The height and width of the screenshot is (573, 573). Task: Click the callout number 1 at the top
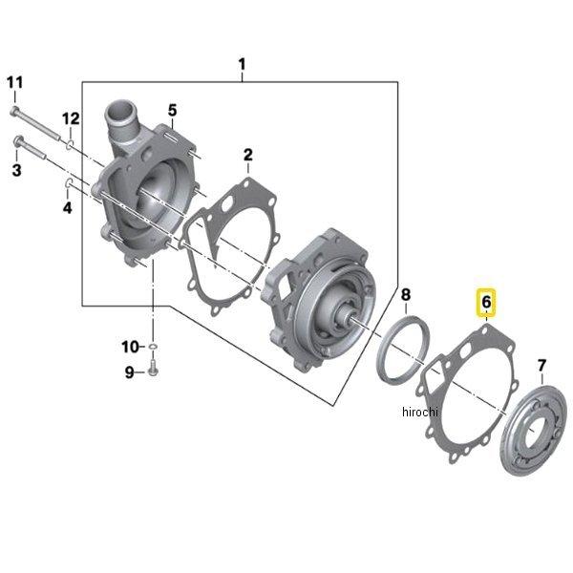click(x=243, y=64)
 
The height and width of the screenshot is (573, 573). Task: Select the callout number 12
click(x=72, y=118)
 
